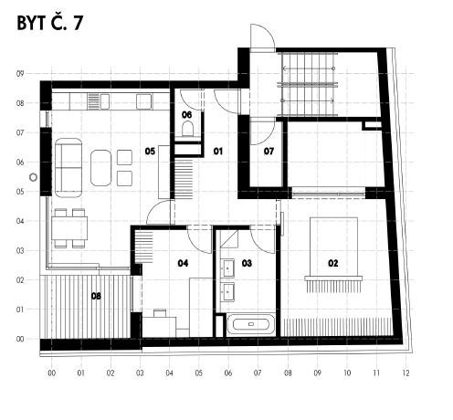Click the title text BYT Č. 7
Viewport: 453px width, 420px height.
coord(49,23)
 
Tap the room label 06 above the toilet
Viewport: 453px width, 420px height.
coord(186,115)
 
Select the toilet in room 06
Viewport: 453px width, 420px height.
coord(187,129)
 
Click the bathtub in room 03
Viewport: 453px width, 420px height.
coord(251,324)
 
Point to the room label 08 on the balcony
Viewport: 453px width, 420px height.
coord(96,296)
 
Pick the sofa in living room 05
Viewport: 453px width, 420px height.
coord(68,168)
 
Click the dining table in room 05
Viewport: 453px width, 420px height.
coord(69,228)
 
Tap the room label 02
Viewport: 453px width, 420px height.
coord(333,263)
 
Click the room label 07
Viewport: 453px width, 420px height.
coord(269,151)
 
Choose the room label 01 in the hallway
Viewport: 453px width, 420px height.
coord(218,151)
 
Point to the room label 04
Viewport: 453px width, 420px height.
coord(183,263)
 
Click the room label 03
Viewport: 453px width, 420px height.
coord(247,263)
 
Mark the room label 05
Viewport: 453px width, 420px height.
coord(150,151)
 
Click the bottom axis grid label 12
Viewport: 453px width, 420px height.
coord(406,373)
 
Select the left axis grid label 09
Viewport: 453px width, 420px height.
coord(20,74)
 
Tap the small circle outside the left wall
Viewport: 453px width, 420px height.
coord(33,177)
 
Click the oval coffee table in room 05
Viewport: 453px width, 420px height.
coord(101,168)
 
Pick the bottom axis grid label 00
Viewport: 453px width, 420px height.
coord(52,373)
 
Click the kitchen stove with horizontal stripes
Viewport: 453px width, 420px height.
coord(94,101)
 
